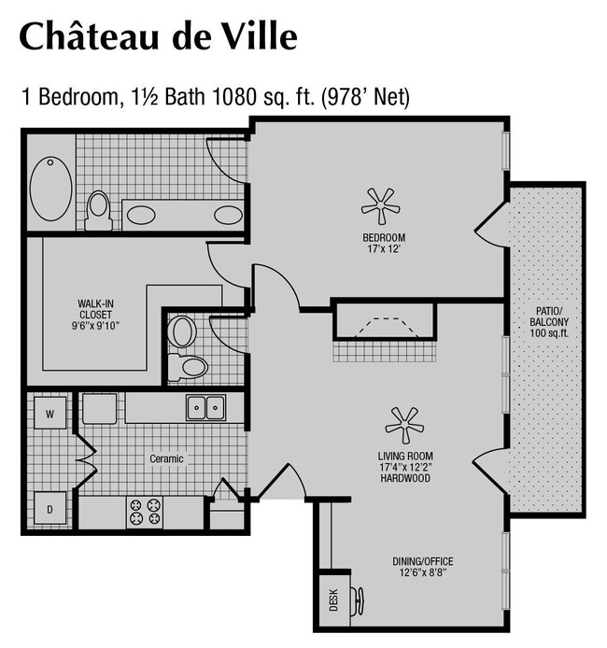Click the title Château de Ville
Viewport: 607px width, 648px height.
[x=158, y=36]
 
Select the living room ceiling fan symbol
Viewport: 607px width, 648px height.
[x=405, y=425]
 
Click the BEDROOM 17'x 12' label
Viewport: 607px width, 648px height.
[x=383, y=244]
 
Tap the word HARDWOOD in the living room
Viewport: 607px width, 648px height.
[x=405, y=477]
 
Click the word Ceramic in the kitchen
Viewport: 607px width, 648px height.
[x=167, y=458]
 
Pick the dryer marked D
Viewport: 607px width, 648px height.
[x=49, y=509]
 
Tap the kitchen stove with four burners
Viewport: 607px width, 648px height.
[x=145, y=512]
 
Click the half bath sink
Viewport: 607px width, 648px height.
[x=183, y=331]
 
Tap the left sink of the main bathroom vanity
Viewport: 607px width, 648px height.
[x=141, y=215]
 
